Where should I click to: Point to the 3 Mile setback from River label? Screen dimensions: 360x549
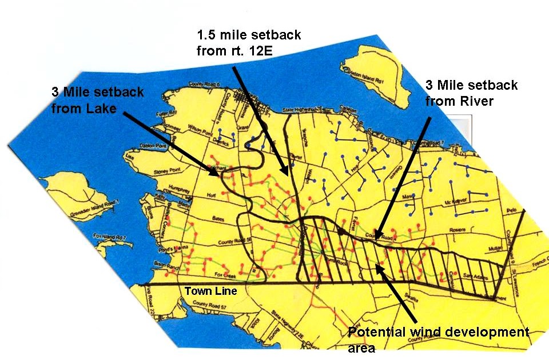click(471, 94)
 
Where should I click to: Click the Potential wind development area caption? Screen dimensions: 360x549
click(439, 338)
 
